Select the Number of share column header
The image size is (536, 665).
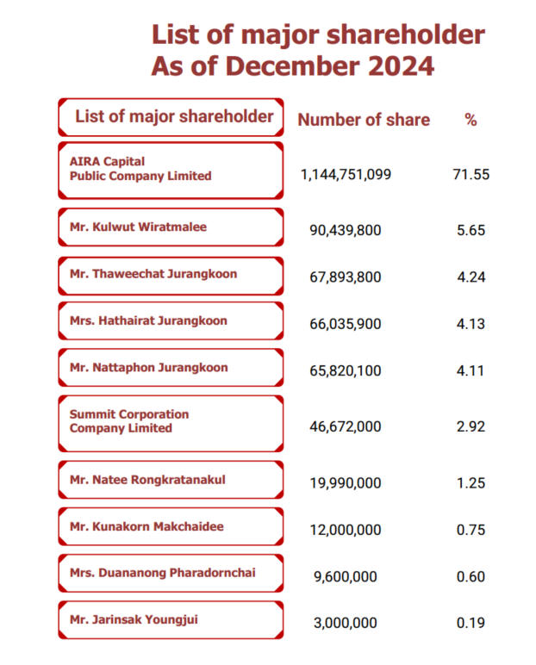[x=364, y=120]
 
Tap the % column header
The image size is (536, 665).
[x=471, y=120]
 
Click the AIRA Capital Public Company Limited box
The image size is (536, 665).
[x=171, y=170]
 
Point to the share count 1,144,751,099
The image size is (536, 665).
[x=346, y=174]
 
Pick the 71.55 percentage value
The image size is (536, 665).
[x=471, y=174]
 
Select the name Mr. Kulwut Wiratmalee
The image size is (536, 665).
[x=139, y=227]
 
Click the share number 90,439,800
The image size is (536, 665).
[x=346, y=230]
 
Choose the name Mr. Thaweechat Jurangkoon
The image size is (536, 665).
[x=153, y=274]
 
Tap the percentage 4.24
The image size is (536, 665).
[x=471, y=277]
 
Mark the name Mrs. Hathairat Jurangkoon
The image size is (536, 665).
[x=148, y=320]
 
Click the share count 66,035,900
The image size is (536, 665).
[x=346, y=324]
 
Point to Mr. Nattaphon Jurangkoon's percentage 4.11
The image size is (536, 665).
[x=471, y=370]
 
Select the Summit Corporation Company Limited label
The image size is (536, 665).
[x=129, y=421]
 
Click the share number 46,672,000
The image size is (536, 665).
[x=346, y=426]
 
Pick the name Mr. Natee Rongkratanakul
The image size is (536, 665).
[x=147, y=480]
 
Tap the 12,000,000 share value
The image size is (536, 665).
[x=346, y=530]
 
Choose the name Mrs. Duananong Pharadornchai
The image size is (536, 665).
[x=163, y=573]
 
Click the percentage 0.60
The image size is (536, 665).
[x=471, y=577]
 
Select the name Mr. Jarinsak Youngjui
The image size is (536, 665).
[x=134, y=620]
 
